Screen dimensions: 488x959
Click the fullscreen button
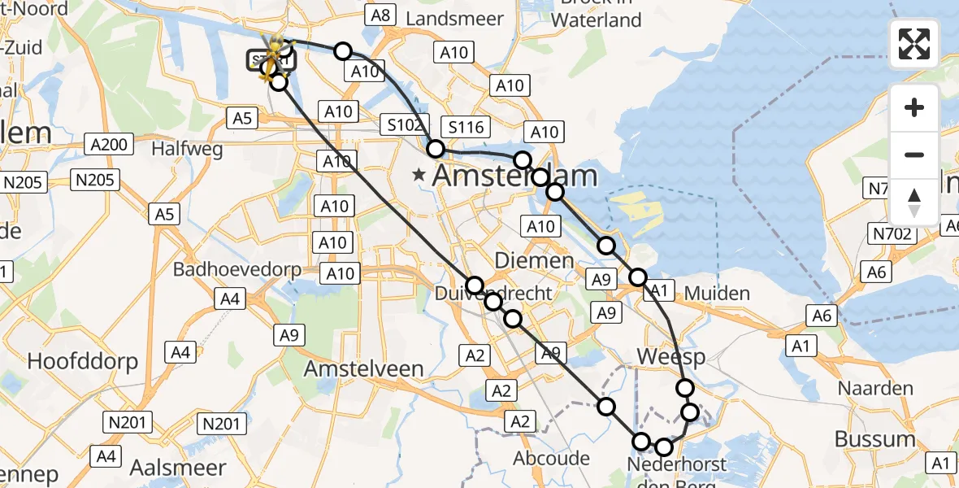pyautogui.click(x=914, y=44)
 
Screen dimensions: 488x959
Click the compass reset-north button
pyautogui.click(x=914, y=203)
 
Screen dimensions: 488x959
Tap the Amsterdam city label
pyautogui.click(x=515, y=176)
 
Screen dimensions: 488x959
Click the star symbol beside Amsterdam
pyautogui.click(x=419, y=174)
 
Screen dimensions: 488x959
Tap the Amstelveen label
pyautogui.click(x=364, y=368)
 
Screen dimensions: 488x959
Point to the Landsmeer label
pyautogui.click(x=449, y=18)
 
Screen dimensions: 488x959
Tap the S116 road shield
pyautogui.click(x=466, y=126)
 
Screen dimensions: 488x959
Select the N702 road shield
pyautogui.click(x=894, y=235)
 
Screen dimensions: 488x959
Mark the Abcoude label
pyautogui.click(x=552, y=458)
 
